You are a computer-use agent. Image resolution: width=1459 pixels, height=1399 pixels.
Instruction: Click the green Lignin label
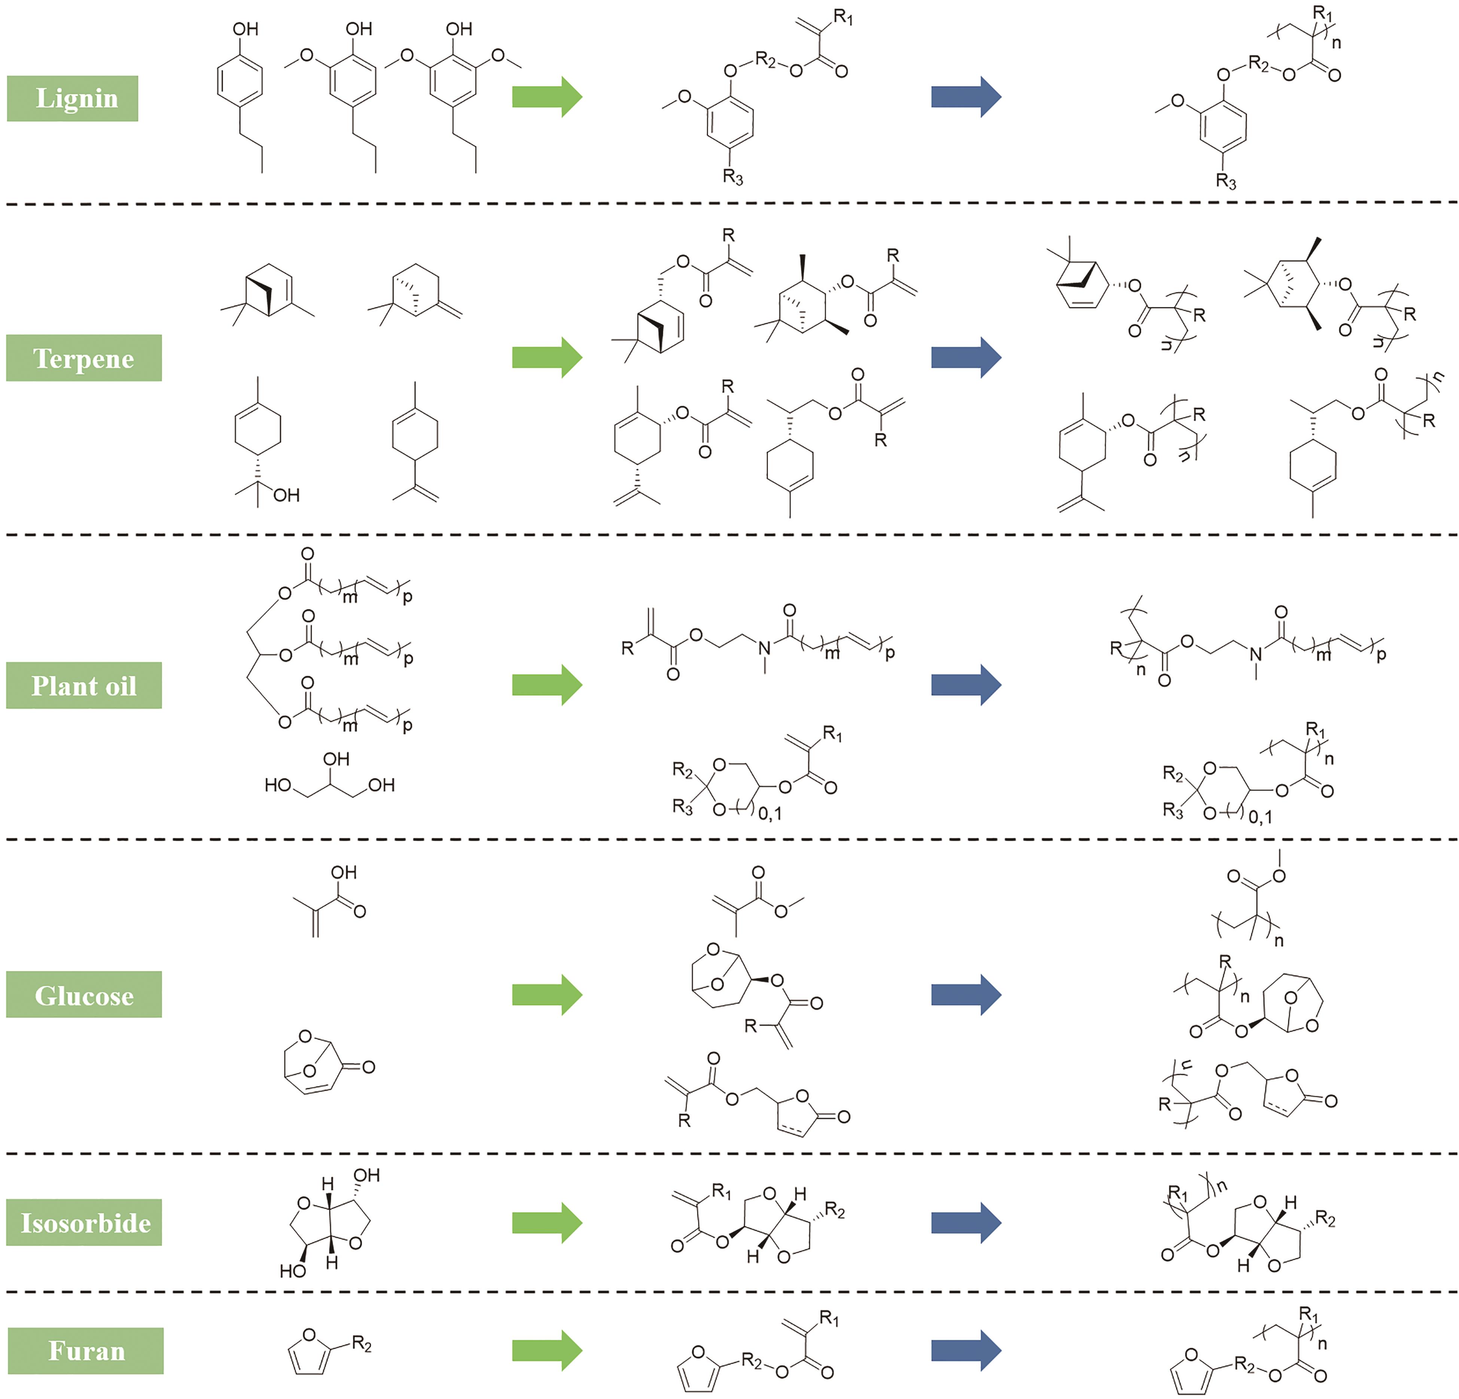point(72,98)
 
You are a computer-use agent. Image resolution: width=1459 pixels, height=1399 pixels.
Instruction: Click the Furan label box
point(86,1351)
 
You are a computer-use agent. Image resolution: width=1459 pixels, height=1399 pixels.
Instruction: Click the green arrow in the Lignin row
point(547,97)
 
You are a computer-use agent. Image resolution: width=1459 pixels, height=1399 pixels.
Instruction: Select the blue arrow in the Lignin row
point(966,97)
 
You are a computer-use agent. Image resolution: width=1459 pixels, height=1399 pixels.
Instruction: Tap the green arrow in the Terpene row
point(547,358)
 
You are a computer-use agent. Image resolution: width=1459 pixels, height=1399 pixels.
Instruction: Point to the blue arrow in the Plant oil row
point(966,684)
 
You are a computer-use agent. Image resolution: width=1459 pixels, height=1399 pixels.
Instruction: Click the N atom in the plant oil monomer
point(764,648)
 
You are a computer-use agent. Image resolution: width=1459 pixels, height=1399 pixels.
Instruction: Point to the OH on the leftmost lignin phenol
point(246,29)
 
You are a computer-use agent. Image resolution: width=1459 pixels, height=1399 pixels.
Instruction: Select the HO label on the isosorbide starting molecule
point(293,1271)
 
